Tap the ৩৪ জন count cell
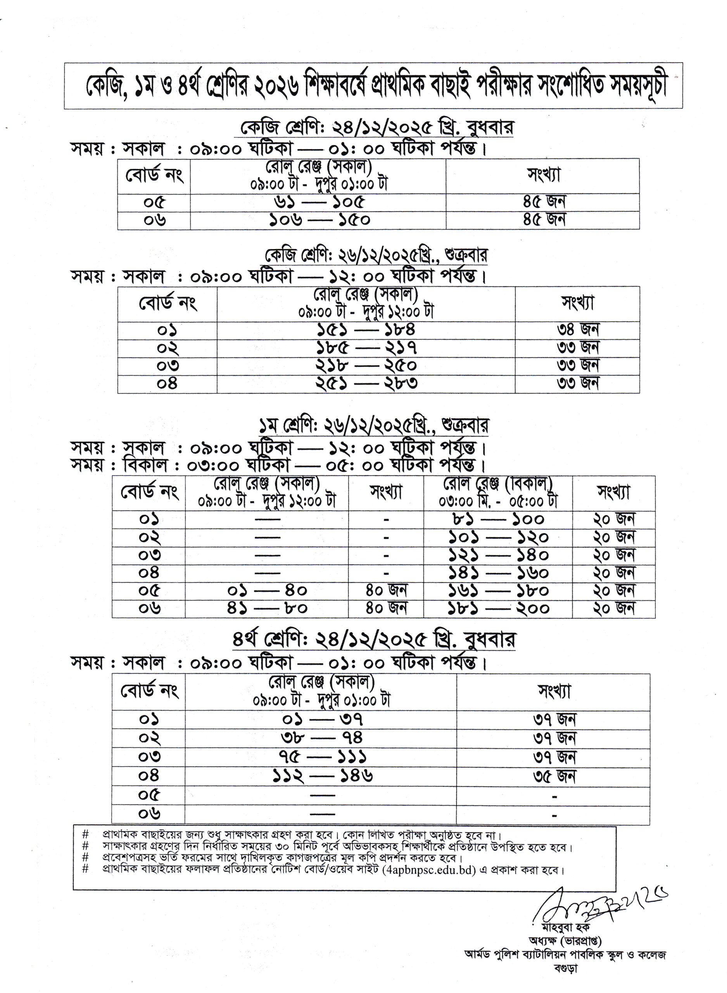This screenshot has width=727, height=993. pyautogui.click(x=577, y=330)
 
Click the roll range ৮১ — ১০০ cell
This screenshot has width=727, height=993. pyautogui.click(x=498, y=520)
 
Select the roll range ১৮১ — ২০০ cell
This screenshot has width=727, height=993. pyautogui.click(x=498, y=608)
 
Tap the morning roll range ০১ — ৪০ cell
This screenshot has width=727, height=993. pyautogui.click(x=267, y=591)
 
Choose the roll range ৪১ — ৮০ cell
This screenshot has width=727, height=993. pyautogui.click(x=267, y=608)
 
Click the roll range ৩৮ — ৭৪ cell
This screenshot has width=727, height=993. pyautogui.click(x=321, y=738)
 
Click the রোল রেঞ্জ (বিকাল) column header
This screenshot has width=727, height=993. pyautogui.click(x=498, y=493)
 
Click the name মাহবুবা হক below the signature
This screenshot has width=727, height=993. pyautogui.click(x=565, y=927)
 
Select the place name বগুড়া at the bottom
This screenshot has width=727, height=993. pyautogui.click(x=565, y=968)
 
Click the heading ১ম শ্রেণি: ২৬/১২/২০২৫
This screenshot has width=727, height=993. pyautogui.click(x=373, y=426)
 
